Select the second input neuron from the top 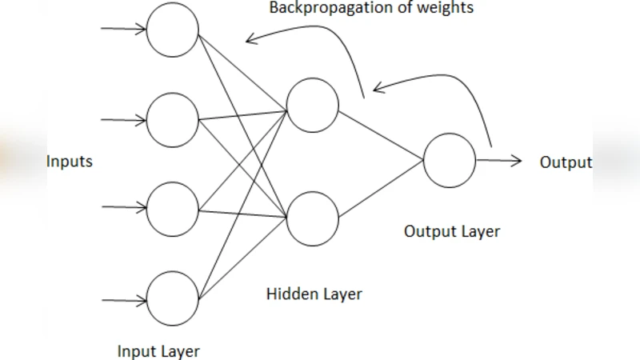(x=173, y=119)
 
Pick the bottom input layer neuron (x=173, y=298)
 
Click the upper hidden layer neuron (x=313, y=106)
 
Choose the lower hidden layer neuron (x=313, y=219)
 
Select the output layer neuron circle (x=450, y=160)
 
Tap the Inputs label (x=70, y=162)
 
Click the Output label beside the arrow (x=566, y=162)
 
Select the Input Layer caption (x=158, y=351)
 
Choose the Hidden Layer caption (x=314, y=294)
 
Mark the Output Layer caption (x=451, y=232)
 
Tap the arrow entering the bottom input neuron (x=123, y=301)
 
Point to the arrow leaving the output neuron (x=499, y=161)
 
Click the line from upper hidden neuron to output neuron (x=381, y=135)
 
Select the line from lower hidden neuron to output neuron (x=381, y=190)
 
